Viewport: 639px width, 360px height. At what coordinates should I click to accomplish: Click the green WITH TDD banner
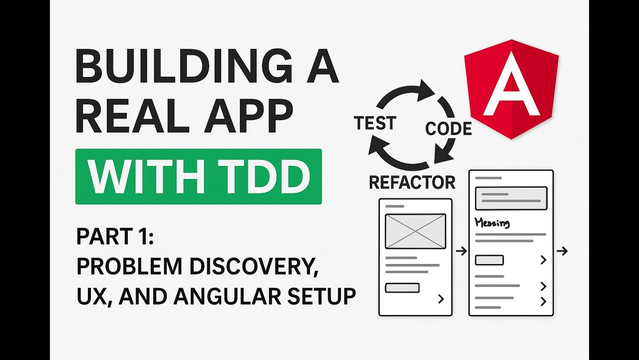[x=198, y=176]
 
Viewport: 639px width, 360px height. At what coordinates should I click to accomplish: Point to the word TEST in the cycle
[x=375, y=123]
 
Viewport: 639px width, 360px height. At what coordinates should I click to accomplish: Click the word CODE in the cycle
[x=448, y=129]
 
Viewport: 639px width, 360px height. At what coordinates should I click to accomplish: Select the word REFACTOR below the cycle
[x=412, y=182]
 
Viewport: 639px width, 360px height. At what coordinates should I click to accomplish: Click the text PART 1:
[x=115, y=236]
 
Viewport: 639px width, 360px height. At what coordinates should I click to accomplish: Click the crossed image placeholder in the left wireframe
[x=415, y=231]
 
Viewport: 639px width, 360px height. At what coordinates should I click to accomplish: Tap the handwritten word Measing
[x=492, y=222]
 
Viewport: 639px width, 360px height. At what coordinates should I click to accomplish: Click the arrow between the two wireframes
[x=461, y=251]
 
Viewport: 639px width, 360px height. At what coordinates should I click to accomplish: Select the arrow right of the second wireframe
[x=562, y=251]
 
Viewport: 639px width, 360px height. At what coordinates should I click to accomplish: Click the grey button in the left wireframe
[x=402, y=287]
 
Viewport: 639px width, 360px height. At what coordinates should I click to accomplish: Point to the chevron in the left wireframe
[x=441, y=299]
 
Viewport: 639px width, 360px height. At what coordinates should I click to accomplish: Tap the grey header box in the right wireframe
[x=511, y=198]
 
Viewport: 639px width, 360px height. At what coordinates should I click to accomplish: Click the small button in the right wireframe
[x=489, y=260]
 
